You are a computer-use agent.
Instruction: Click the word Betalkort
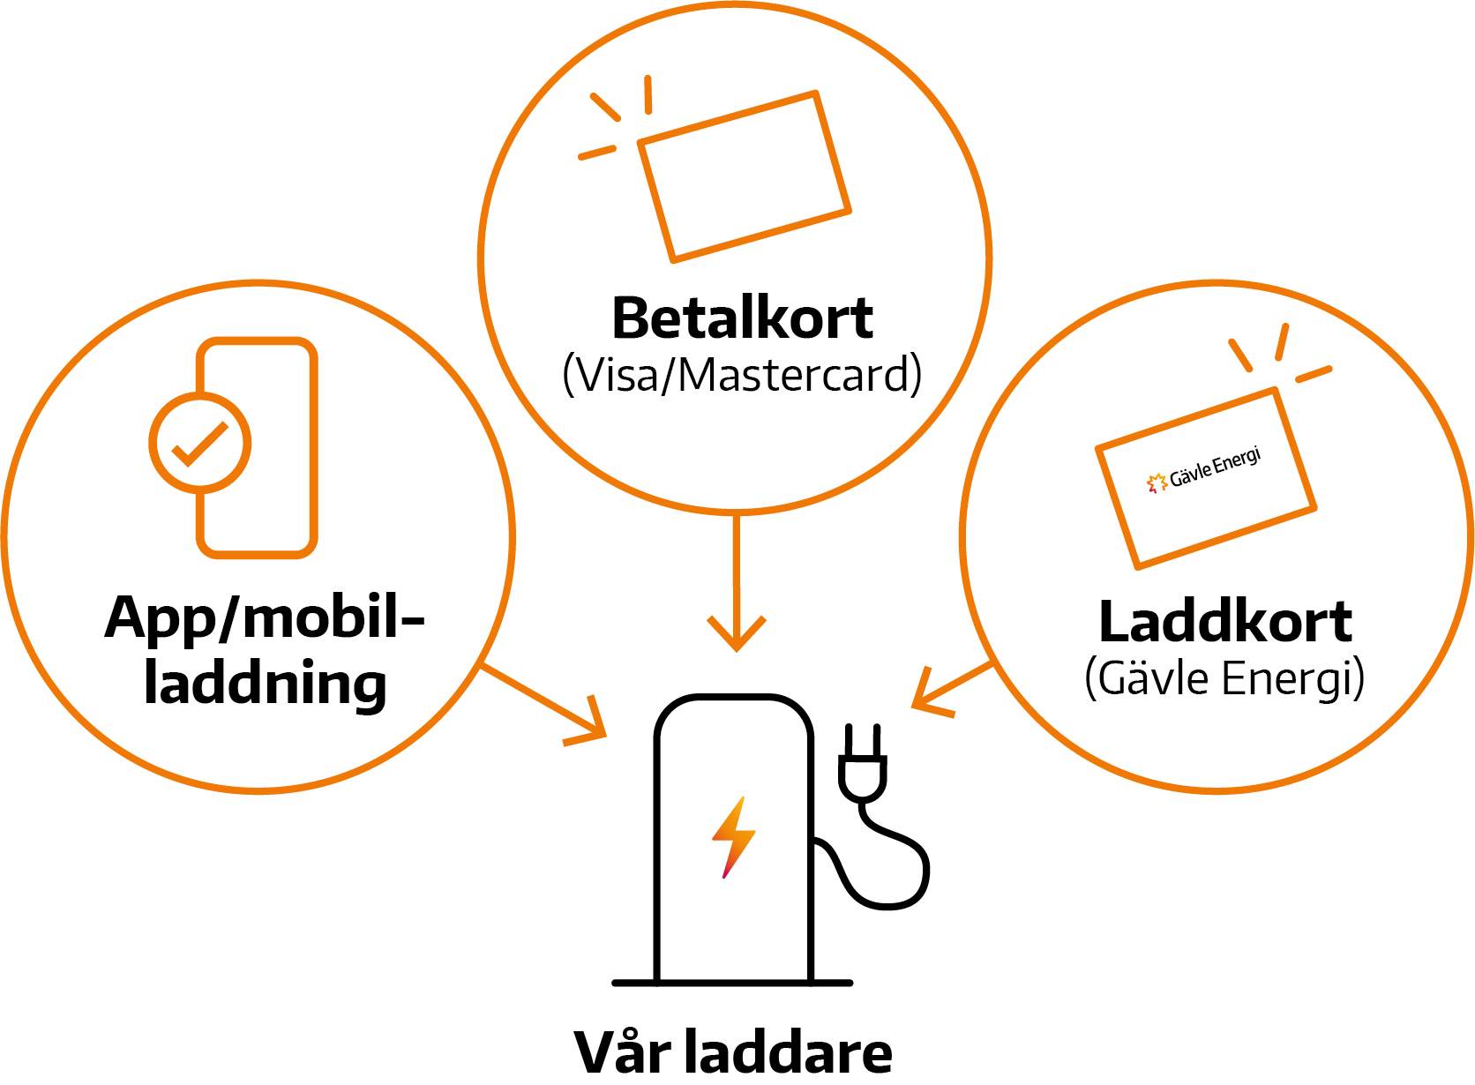click(x=742, y=318)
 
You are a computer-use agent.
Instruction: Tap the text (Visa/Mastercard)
click(x=742, y=375)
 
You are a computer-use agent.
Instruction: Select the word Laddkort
click(x=1224, y=622)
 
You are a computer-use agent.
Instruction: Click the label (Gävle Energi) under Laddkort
click(x=1224, y=678)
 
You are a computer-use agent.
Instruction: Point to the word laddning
click(x=265, y=685)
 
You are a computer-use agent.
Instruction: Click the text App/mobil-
click(x=265, y=617)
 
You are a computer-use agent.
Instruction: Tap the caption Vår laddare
click(x=732, y=1052)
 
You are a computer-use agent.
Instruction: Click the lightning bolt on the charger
click(x=733, y=837)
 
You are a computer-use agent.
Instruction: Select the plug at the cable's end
click(x=862, y=764)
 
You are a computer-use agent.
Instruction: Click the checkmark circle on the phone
click(x=200, y=442)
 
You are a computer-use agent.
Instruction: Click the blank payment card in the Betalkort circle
click(x=744, y=176)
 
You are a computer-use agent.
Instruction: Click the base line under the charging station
click(x=732, y=982)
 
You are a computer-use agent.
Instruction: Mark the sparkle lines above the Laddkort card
click(x=1279, y=353)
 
